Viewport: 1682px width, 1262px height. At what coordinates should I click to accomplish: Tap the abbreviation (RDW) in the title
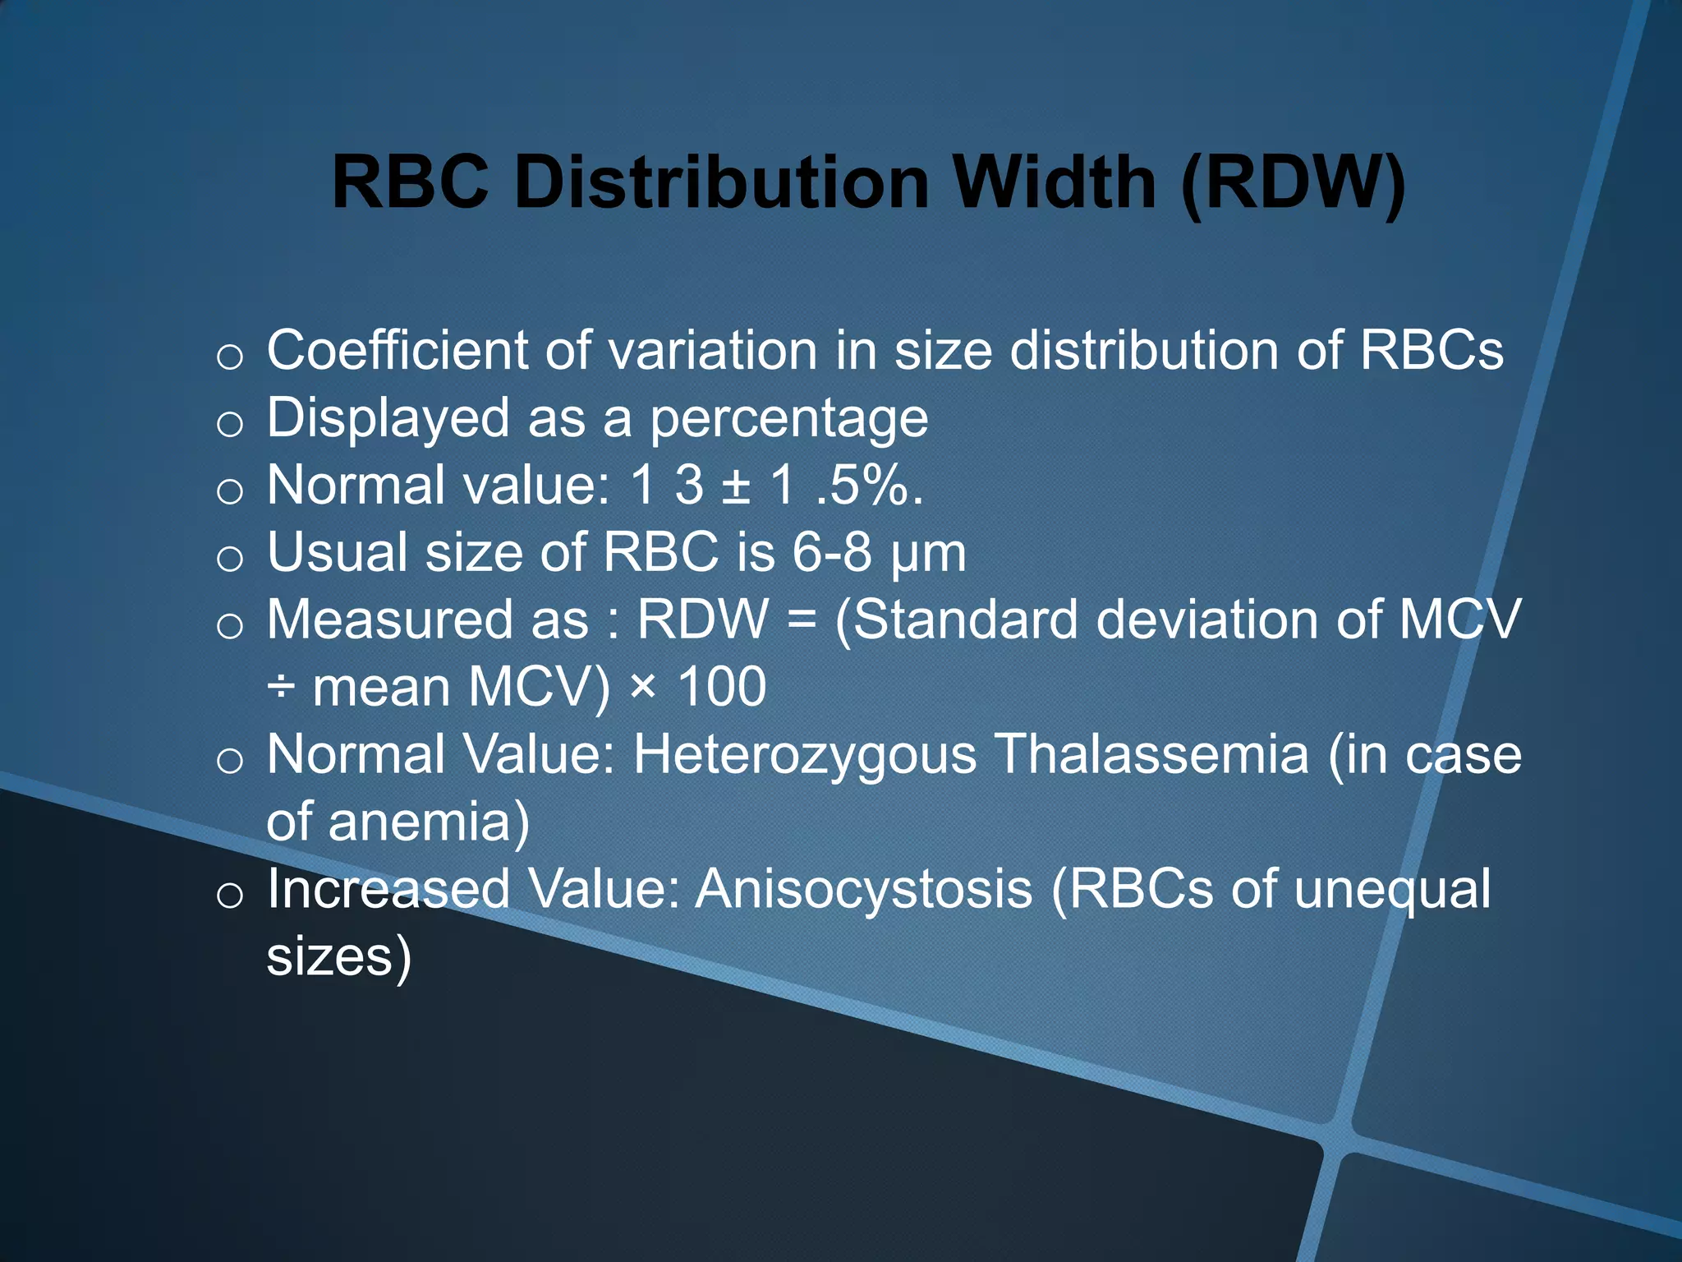pos(1294,182)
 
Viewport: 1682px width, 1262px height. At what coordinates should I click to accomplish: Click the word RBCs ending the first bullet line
pos(1431,351)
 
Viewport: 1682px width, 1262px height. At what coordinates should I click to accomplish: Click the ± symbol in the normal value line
pos(736,486)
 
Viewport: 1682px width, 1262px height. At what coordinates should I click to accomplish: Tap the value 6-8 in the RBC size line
pos(831,552)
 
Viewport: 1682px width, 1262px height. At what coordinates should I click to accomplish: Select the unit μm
pos(928,555)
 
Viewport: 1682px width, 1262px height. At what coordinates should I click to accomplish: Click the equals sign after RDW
pos(802,620)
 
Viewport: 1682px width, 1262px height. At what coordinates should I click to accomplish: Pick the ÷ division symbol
pos(280,687)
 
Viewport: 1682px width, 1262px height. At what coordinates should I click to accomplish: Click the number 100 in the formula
pos(722,687)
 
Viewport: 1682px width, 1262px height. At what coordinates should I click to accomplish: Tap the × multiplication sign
pos(643,685)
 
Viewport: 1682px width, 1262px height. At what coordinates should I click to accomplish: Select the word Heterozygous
pos(805,755)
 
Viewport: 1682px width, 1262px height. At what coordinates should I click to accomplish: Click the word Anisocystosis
pos(863,890)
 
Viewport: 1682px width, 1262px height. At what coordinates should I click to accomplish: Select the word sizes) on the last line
pos(338,958)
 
